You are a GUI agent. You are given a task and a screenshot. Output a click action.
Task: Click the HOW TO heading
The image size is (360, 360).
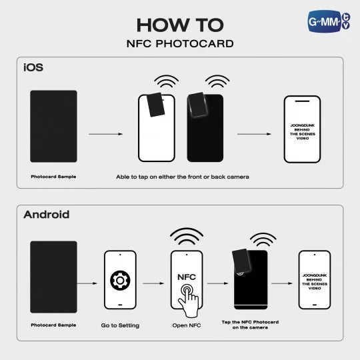point(179,25)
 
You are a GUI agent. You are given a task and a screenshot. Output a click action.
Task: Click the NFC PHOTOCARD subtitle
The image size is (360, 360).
point(179,44)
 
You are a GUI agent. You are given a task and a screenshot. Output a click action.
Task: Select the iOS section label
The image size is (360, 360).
point(35,68)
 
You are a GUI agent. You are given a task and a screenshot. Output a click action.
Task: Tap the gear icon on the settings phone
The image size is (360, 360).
point(120,280)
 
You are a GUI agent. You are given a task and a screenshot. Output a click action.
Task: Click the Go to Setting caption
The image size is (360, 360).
point(120,325)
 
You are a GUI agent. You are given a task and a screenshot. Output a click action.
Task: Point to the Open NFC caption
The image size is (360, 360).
point(187,325)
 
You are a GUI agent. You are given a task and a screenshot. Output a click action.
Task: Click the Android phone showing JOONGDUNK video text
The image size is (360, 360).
point(314,280)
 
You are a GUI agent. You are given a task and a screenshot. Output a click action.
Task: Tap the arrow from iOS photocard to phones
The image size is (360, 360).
point(105,134)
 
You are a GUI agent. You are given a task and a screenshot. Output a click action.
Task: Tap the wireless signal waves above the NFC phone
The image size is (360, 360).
point(186,237)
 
